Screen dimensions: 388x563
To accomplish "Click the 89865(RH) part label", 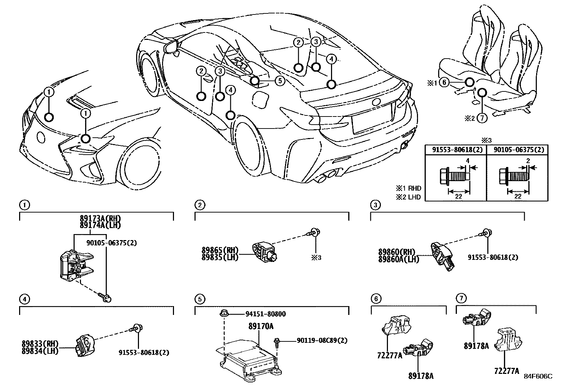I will [x=220, y=251].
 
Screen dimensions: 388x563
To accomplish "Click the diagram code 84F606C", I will [x=538, y=376].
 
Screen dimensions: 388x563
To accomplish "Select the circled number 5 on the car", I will [x=279, y=81].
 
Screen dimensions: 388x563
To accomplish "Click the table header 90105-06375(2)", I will [x=517, y=149].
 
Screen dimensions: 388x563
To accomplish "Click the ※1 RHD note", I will [x=408, y=188].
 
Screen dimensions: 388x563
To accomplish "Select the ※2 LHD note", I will [x=408, y=197].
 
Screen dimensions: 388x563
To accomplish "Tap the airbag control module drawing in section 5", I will [x=249, y=357].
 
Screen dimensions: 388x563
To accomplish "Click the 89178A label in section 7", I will [x=476, y=346].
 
